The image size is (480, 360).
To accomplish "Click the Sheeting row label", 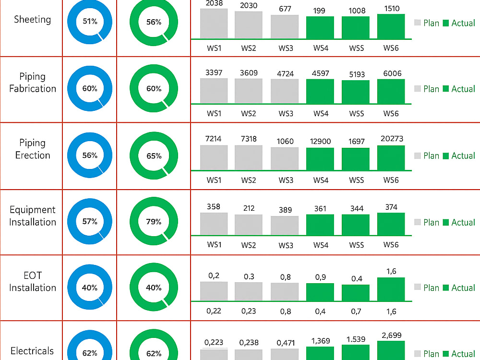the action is (x=33, y=20).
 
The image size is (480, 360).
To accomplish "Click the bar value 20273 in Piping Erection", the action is (x=392, y=139).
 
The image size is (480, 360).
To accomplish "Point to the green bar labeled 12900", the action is (x=320, y=159).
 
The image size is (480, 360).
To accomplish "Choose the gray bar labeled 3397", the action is (x=214, y=91).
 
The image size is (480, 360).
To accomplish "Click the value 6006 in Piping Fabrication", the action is (x=392, y=73).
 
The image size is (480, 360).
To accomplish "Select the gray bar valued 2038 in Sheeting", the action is (x=214, y=24).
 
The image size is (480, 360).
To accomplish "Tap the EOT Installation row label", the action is (x=33, y=282).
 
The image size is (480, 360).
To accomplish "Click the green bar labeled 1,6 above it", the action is (x=391, y=289).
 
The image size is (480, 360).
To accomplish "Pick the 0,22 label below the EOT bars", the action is (x=214, y=311).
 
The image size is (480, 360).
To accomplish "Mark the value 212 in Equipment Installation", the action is (x=249, y=208).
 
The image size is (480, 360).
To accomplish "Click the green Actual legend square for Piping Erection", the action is (x=446, y=156).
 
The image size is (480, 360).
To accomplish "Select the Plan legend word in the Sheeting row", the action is (x=431, y=23).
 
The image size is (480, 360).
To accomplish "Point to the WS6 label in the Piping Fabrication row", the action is (x=391, y=114).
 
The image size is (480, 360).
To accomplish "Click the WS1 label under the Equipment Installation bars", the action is (x=214, y=245).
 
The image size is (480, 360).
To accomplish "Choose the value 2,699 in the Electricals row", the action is (x=392, y=336).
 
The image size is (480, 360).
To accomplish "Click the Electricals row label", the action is (x=32, y=351).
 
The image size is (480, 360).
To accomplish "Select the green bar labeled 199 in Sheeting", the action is (x=320, y=27).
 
